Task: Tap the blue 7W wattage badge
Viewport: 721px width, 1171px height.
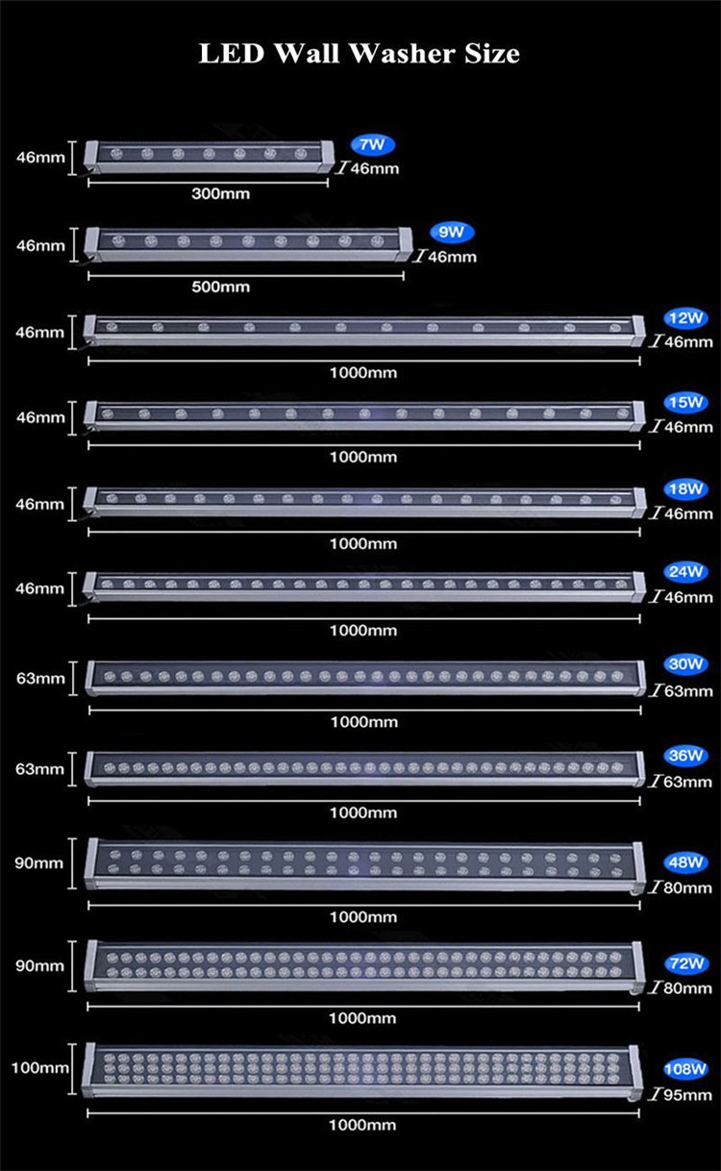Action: (x=372, y=145)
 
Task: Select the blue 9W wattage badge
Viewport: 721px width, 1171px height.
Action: (x=452, y=232)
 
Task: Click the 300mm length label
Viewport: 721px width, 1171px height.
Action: (x=220, y=194)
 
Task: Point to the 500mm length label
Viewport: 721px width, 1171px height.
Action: (x=220, y=287)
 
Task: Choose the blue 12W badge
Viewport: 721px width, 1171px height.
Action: (x=685, y=318)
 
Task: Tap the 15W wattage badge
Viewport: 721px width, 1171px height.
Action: (x=685, y=403)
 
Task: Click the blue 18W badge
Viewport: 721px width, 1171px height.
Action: (x=685, y=489)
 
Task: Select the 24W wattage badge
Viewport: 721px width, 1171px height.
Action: (x=685, y=572)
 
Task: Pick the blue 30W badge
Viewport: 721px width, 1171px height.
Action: (x=685, y=664)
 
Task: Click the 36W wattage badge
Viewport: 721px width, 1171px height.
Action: (x=685, y=756)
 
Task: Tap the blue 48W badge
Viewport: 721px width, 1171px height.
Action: (x=685, y=862)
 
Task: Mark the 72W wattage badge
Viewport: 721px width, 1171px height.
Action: (x=685, y=963)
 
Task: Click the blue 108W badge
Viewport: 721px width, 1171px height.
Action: (x=684, y=1069)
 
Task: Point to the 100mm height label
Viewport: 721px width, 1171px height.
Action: (x=39, y=1067)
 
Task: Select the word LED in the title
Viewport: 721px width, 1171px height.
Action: (x=232, y=53)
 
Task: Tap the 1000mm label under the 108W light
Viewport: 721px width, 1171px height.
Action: (x=362, y=1125)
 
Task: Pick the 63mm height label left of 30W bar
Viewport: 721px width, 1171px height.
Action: (x=39, y=679)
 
